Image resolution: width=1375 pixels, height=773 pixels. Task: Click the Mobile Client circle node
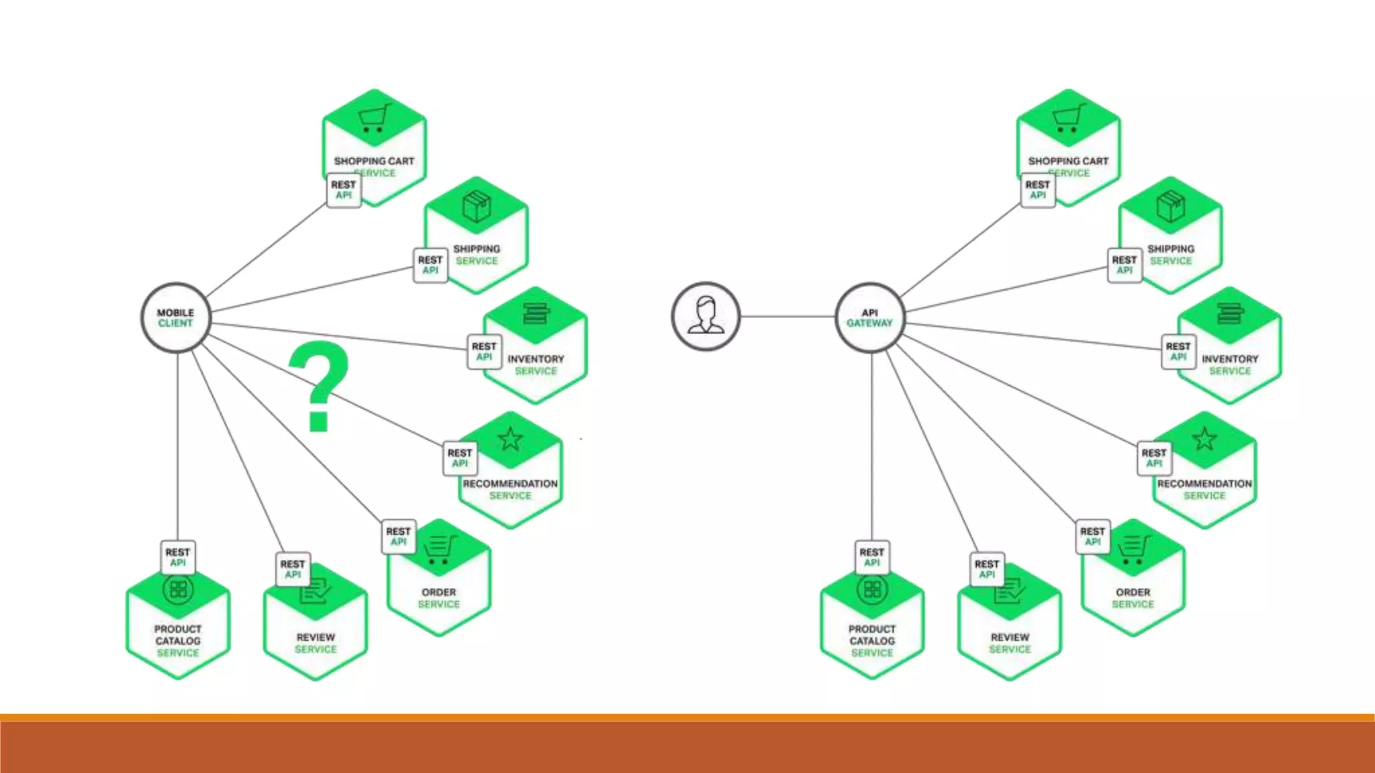[x=176, y=317]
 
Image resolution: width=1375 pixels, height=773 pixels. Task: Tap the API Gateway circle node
[x=869, y=317]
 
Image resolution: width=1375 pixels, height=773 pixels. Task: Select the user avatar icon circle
[x=706, y=316]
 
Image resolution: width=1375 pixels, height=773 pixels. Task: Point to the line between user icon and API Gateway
[x=788, y=316]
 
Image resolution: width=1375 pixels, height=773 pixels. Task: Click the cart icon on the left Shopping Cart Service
[x=374, y=119]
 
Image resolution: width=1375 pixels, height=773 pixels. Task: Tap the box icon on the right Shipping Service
[x=1170, y=206]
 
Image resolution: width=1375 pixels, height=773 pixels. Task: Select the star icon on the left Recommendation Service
[x=510, y=440]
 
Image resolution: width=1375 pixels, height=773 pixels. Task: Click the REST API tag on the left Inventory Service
[x=484, y=352]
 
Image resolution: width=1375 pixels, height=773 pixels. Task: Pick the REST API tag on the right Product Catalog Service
[x=872, y=558]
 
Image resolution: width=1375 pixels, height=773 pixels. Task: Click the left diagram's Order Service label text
[x=439, y=598]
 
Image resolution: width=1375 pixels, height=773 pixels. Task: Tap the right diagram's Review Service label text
[x=1010, y=643]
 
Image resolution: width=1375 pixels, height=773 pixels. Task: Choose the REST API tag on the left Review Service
[x=293, y=569]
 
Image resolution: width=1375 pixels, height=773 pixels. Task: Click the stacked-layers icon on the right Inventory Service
[x=1229, y=313]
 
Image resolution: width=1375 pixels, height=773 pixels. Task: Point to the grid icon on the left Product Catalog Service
[x=178, y=589]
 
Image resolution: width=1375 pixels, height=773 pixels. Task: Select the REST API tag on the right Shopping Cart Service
[x=1037, y=190]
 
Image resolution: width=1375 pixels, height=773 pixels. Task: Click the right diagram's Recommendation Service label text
[x=1204, y=489]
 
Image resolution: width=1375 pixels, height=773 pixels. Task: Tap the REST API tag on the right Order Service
[x=1092, y=536]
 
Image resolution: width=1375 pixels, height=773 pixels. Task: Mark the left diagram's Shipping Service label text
[x=477, y=254]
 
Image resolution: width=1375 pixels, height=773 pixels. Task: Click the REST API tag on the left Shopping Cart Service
[x=343, y=190]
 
